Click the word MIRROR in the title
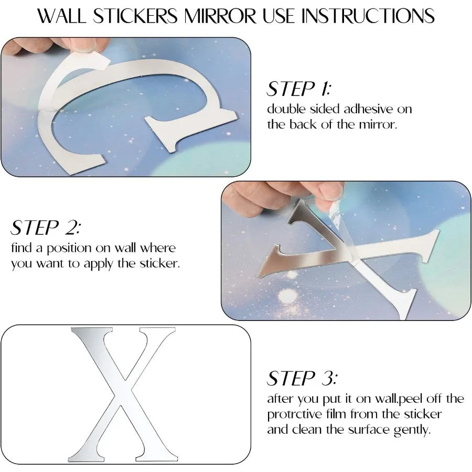pyautogui.click(x=220, y=16)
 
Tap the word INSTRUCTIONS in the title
pyautogui.click(x=368, y=16)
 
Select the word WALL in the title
pyautogui.click(x=62, y=16)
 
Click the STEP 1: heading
pyautogui.click(x=298, y=89)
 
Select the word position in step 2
pyautogui.click(x=69, y=249)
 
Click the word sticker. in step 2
pyautogui.click(x=159, y=263)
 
